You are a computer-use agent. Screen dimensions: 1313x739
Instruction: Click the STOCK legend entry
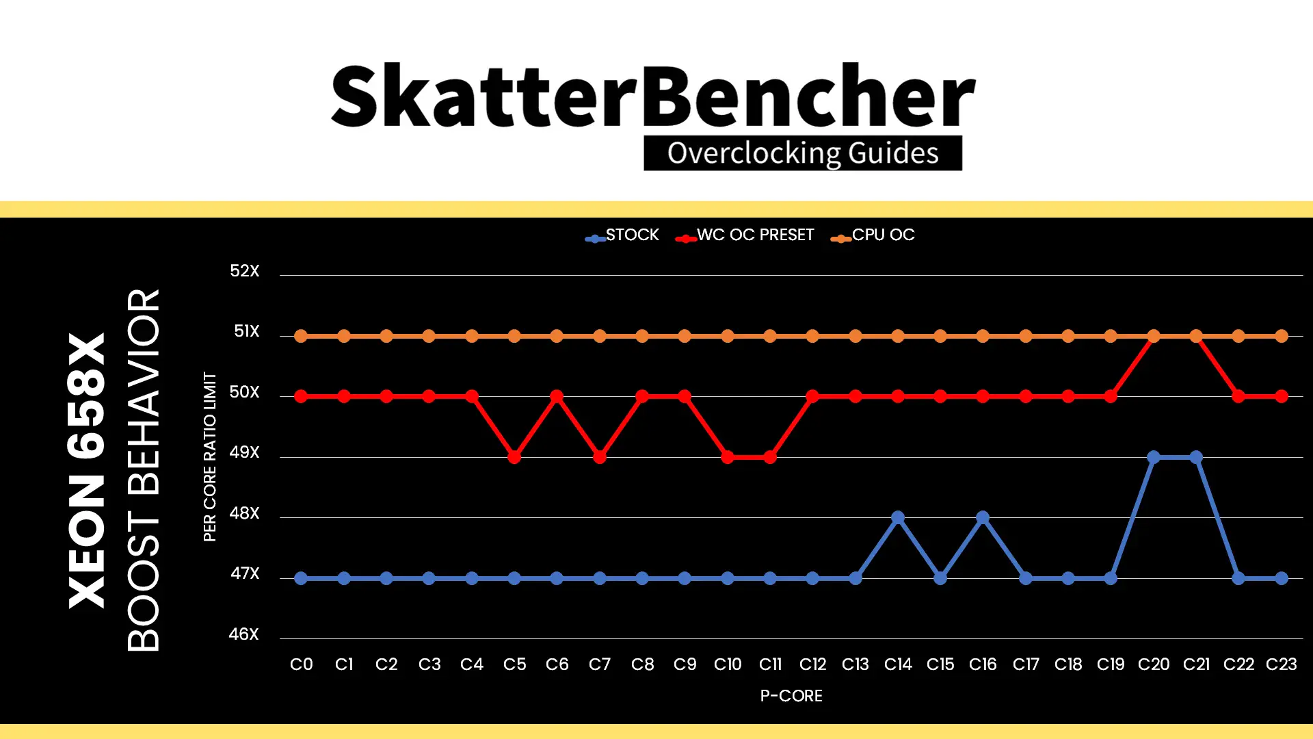coord(622,235)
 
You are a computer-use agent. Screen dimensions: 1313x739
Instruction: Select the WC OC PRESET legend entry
coord(745,235)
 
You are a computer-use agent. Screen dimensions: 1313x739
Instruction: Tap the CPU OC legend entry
coord(873,235)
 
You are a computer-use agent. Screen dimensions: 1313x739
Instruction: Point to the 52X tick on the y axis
coord(245,271)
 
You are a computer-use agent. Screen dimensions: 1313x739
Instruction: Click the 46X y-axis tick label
coord(244,634)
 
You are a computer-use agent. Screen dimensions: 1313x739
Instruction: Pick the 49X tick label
coord(245,452)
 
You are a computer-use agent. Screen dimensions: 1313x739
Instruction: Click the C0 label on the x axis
coord(302,664)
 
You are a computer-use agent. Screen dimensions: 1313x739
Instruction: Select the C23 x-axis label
coord(1282,664)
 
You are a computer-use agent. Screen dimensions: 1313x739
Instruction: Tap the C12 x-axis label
coord(812,664)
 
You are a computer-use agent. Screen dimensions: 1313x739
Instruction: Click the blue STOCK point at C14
coord(898,517)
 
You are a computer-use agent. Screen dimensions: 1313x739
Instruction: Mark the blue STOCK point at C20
coord(1154,457)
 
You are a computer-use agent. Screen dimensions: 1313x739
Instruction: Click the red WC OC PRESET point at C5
coord(514,457)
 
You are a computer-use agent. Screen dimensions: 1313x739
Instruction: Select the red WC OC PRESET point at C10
coord(728,457)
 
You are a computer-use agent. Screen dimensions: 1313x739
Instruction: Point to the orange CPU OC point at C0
coord(301,336)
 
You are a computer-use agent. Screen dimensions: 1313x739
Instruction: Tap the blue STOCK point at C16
coord(983,517)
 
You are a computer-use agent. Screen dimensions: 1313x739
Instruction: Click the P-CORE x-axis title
coord(791,696)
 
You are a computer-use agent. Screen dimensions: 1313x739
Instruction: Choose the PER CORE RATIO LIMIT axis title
coord(210,457)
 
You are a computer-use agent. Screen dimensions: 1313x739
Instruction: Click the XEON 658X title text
coord(87,471)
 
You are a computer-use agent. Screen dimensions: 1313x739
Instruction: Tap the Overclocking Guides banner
coord(803,153)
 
